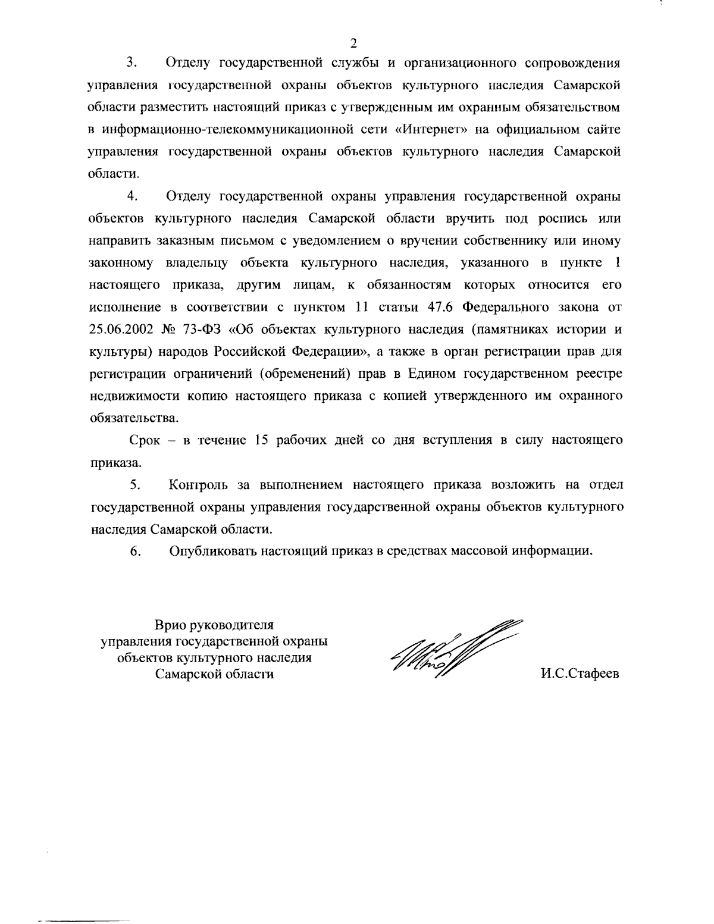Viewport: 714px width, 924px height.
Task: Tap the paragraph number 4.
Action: pos(132,196)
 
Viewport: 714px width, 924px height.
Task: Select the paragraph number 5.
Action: pos(134,485)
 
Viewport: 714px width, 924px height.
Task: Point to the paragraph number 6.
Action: pos(135,552)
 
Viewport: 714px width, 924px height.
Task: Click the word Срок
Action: pos(143,440)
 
